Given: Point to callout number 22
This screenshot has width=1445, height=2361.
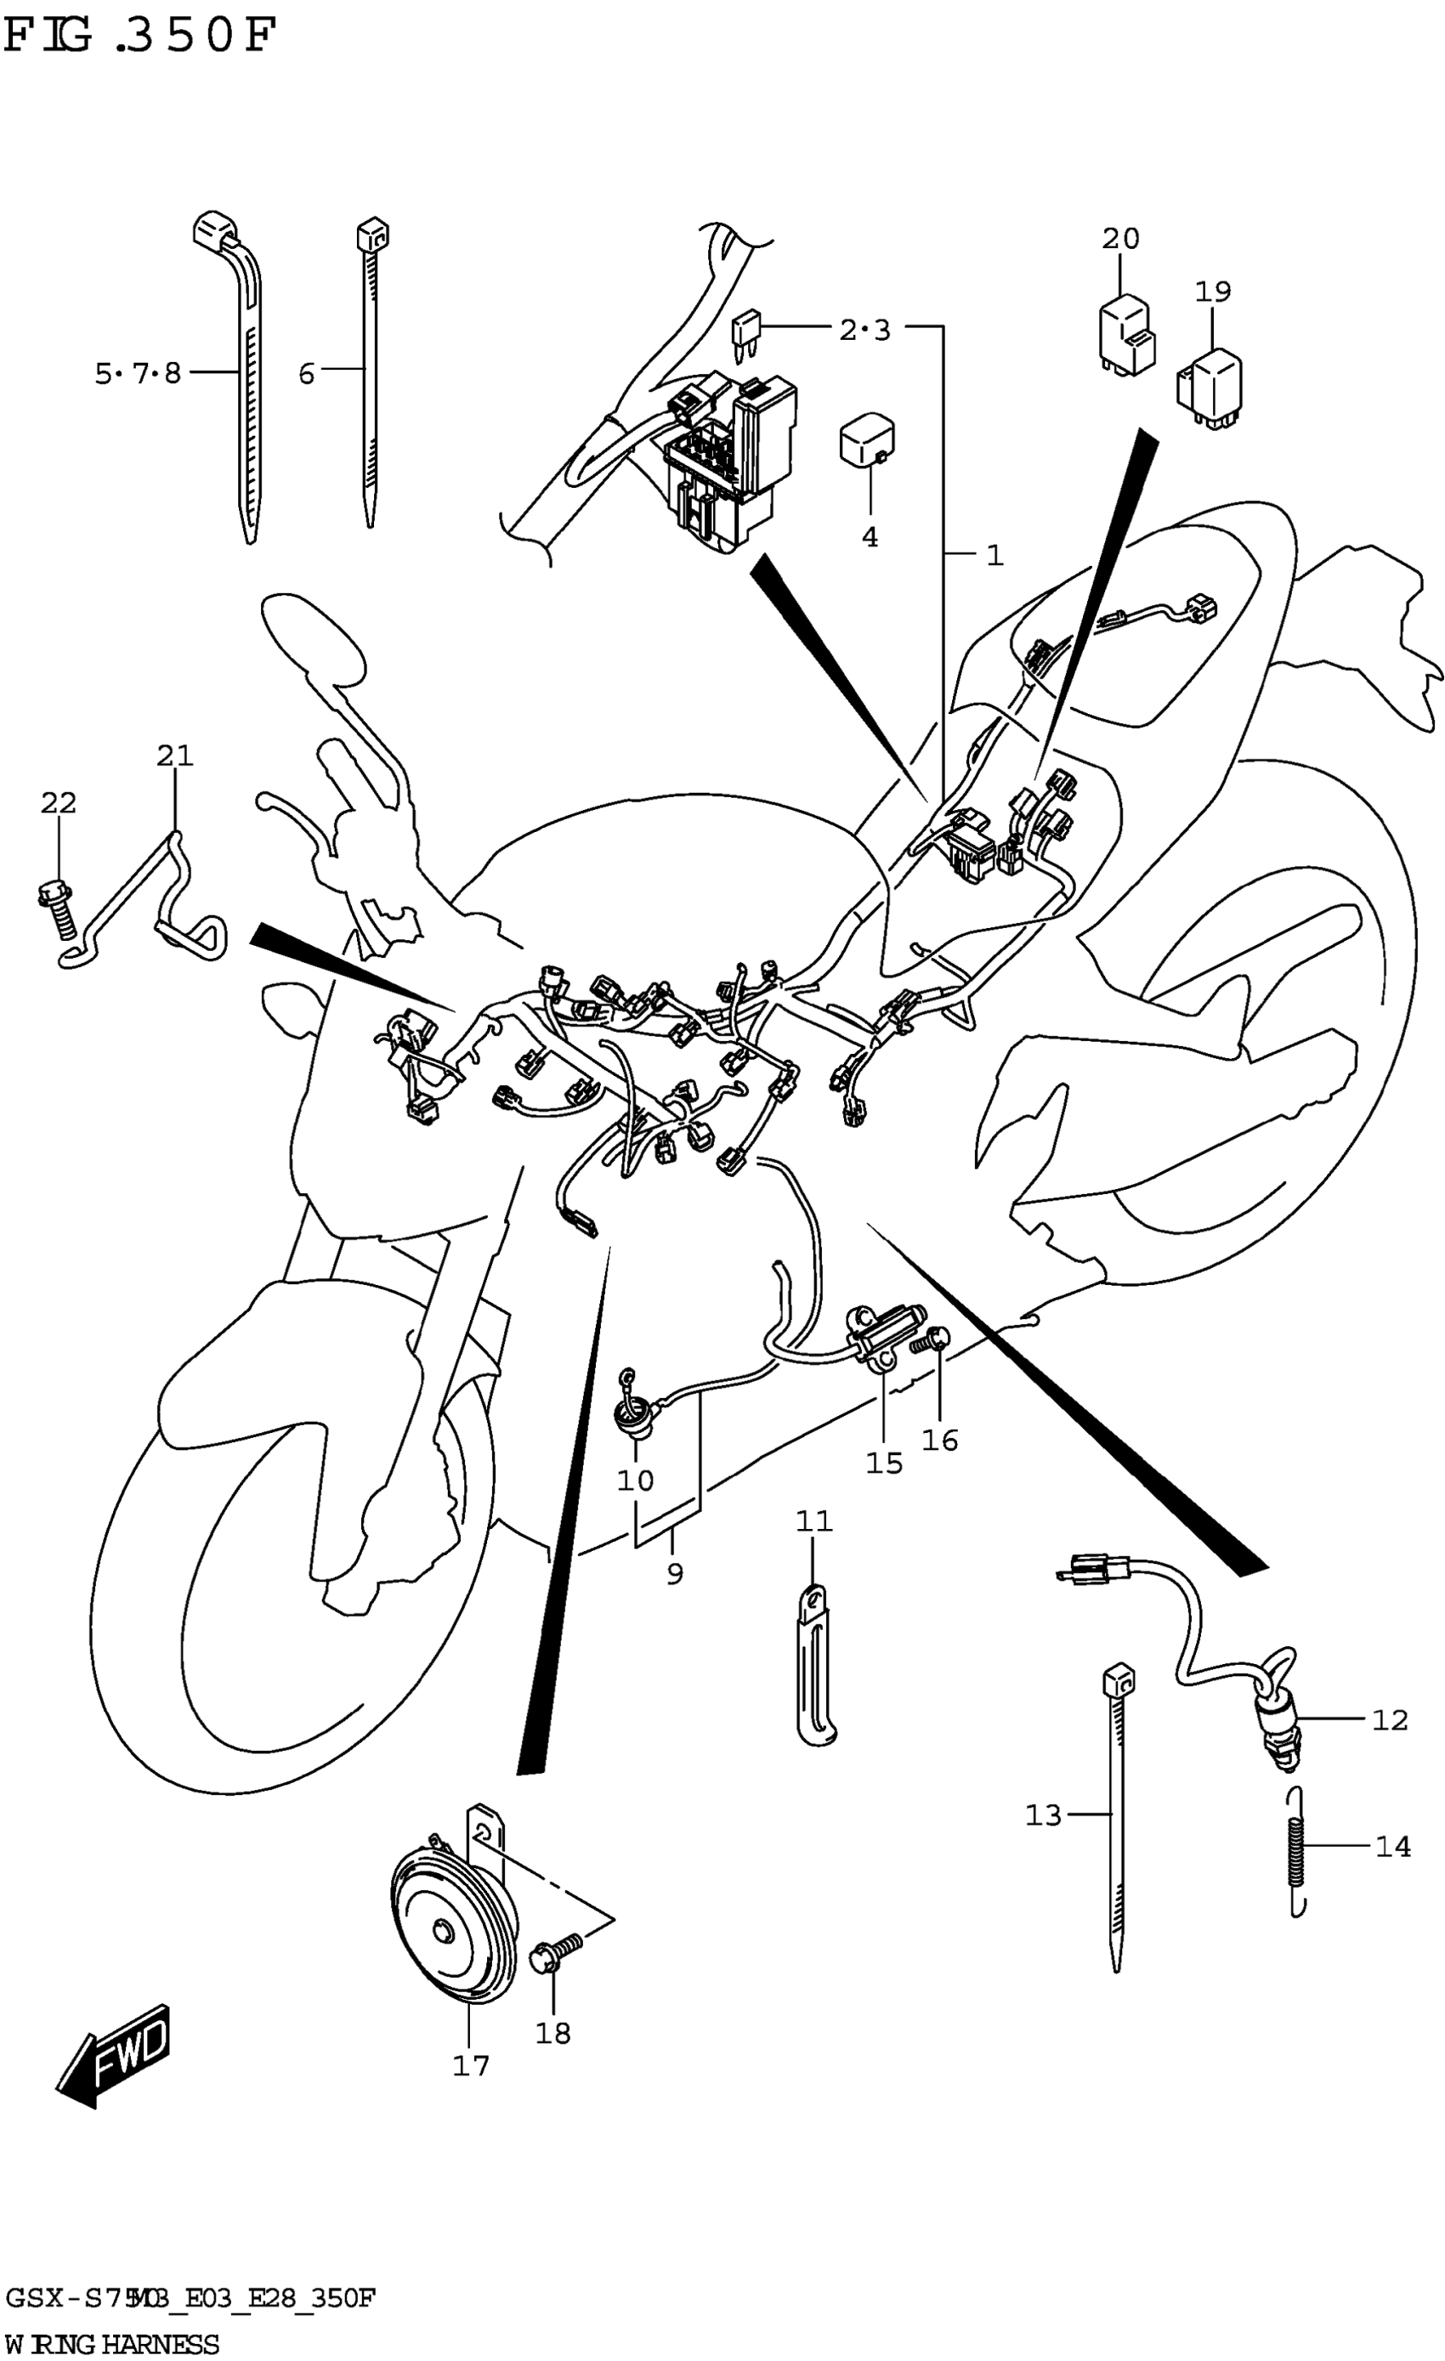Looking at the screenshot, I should tap(59, 803).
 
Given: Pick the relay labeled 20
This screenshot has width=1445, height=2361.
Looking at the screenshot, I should tap(1126, 334).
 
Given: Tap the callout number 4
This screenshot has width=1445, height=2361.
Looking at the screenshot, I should tap(869, 537).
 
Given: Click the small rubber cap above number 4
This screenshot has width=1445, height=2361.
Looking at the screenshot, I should tap(866, 439).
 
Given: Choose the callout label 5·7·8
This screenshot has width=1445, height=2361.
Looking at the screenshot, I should tap(137, 373).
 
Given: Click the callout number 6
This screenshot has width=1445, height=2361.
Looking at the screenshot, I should tap(306, 374).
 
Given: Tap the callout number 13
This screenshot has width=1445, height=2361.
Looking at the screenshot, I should tap(1044, 1815).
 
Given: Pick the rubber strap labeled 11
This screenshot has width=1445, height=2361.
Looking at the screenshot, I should tap(813, 1667).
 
